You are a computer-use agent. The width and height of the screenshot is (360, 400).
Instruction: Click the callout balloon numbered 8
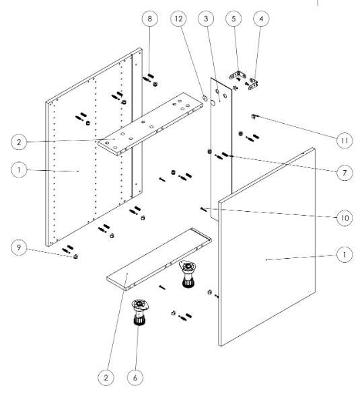point(149,18)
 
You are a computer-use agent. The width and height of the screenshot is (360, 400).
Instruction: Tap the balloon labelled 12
point(179,18)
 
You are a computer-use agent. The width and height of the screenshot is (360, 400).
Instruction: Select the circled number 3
point(206,18)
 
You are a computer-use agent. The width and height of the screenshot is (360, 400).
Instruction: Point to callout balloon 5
point(233,18)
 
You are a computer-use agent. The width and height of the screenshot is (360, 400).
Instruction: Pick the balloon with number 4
point(261,18)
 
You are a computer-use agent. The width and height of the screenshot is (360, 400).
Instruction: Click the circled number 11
point(345,141)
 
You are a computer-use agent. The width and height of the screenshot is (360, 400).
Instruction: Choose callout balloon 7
point(345,173)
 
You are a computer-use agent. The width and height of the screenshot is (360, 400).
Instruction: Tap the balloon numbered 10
point(345,218)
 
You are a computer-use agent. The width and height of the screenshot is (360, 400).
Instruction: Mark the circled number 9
point(19,247)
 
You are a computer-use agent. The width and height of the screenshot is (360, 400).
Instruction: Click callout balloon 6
point(135,377)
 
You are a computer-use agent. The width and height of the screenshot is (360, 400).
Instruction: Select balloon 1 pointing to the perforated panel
point(19,169)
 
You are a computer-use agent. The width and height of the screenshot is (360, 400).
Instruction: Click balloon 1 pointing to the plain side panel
point(345,254)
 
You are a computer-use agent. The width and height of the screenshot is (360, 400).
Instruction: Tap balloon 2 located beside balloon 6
point(106,377)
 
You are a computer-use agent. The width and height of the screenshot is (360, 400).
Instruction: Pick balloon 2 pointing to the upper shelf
point(19,142)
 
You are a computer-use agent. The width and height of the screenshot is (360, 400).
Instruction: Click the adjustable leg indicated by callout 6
point(140,312)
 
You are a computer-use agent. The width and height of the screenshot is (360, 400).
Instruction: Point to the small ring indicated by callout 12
point(205,97)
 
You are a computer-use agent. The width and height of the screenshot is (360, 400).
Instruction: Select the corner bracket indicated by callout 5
point(238,75)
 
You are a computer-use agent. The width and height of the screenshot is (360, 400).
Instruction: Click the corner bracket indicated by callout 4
point(253,83)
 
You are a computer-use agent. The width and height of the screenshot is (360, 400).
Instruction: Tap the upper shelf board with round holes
point(150,124)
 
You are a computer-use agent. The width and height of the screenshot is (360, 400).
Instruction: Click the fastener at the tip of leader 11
point(253,116)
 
